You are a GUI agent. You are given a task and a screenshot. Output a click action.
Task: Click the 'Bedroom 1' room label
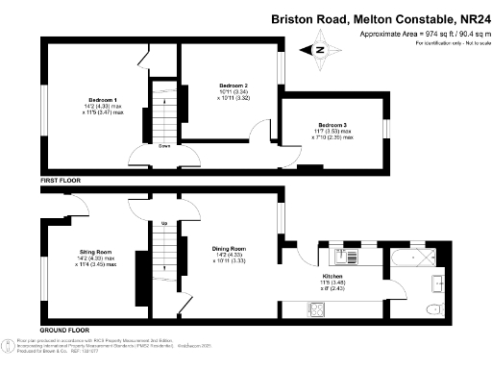tap(102, 100)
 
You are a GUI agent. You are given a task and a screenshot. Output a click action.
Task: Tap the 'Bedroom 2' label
tap(234, 86)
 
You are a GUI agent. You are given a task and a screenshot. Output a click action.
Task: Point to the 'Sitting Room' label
tap(96, 252)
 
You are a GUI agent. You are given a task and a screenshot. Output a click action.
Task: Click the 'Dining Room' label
tap(230, 248)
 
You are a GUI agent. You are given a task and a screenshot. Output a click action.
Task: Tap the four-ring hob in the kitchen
tap(316, 308)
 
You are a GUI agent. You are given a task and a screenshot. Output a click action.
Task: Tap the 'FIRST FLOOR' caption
tap(60, 180)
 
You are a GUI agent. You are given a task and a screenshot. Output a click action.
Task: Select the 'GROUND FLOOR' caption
tap(63, 330)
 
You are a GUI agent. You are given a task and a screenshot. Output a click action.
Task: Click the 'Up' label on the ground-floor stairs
tap(163, 225)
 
